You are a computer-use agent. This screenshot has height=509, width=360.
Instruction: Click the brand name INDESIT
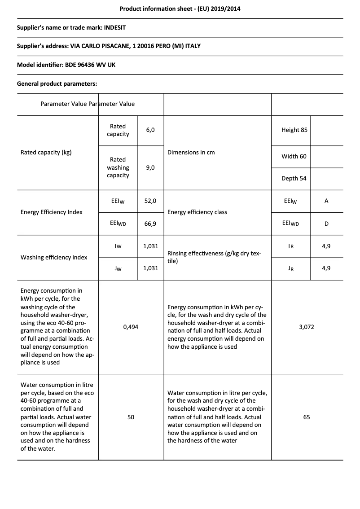pyautogui.click(x=114, y=27)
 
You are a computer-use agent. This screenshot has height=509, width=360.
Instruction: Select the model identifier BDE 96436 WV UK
pyautogui.click(x=90, y=65)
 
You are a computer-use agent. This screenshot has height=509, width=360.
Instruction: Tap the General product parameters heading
pyautogui.click(x=57, y=83)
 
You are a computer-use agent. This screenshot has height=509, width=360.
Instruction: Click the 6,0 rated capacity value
pyautogui.click(x=150, y=130)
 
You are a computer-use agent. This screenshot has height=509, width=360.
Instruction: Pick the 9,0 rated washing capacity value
pyautogui.click(x=150, y=167)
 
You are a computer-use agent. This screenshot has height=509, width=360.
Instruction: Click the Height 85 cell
pyautogui.click(x=294, y=130)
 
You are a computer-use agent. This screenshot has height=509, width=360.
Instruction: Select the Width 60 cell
pyautogui.click(x=294, y=156)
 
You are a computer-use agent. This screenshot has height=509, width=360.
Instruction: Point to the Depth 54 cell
pyautogui.click(x=294, y=178)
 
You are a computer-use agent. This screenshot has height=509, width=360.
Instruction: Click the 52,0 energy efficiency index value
pyautogui.click(x=150, y=201)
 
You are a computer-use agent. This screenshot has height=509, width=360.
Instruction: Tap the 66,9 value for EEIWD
pyautogui.click(x=150, y=223)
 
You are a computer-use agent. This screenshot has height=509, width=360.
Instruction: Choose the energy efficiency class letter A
pyautogui.click(x=326, y=201)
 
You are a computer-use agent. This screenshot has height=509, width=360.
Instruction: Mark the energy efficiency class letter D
pyautogui.click(x=326, y=223)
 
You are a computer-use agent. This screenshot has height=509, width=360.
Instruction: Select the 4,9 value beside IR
pyautogui.click(x=326, y=246)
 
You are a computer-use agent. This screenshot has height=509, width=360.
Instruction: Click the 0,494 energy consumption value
pyautogui.click(x=131, y=327)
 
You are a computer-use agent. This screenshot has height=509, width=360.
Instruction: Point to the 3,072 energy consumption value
pyautogui.click(x=307, y=327)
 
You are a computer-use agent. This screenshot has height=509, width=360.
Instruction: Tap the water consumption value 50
pyautogui.click(x=131, y=417)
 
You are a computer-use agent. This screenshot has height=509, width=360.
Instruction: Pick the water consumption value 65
pyautogui.click(x=307, y=417)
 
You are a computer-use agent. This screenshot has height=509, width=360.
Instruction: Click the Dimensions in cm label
pyautogui.click(x=191, y=152)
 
